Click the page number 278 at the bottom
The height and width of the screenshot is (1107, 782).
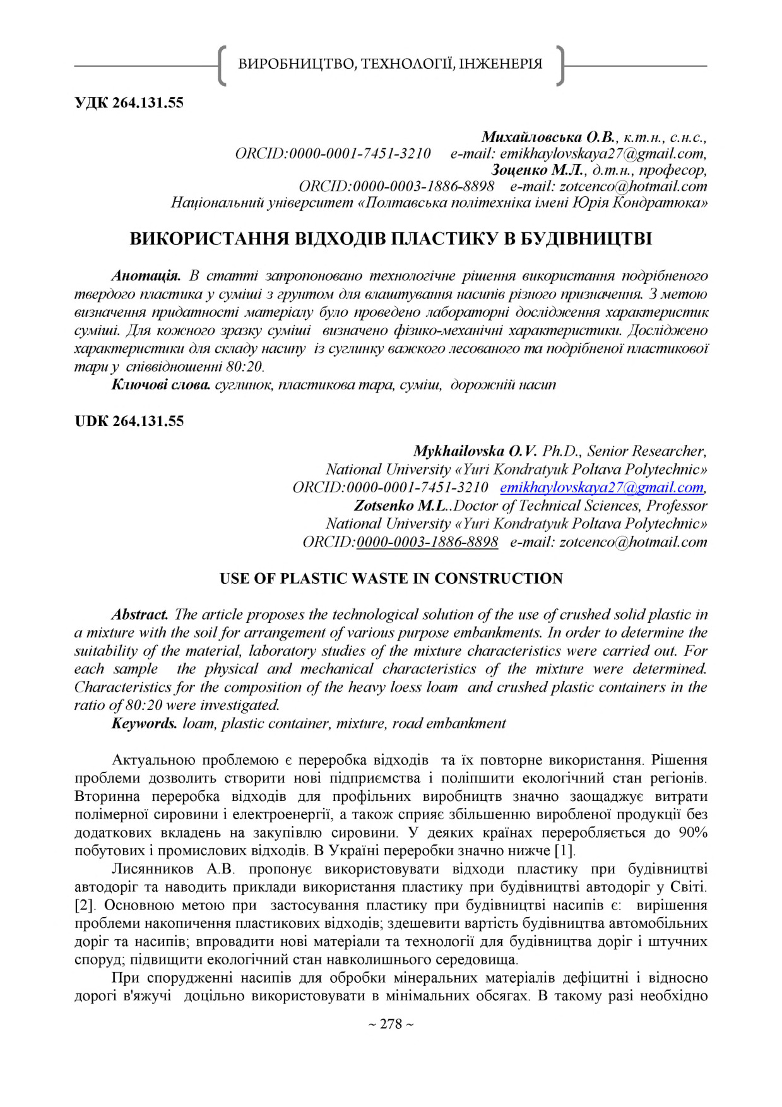click(391, 1024)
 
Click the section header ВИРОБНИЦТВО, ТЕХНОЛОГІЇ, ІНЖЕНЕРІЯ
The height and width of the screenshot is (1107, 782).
click(390, 64)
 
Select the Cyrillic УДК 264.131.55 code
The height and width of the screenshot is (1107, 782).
click(129, 103)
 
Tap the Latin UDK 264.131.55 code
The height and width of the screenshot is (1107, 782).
click(129, 422)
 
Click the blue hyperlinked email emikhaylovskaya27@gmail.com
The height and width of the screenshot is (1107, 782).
click(601, 488)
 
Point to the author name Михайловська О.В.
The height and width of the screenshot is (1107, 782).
click(548, 137)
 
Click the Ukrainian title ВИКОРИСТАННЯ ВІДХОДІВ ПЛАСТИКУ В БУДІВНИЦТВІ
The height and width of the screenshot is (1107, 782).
click(391, 239)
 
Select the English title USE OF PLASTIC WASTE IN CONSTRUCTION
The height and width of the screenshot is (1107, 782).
click(391, 579)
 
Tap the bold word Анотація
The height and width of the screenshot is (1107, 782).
click(146, 276)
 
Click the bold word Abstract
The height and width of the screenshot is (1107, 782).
click(139, 615)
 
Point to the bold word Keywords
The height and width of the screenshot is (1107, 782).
click(144, 723)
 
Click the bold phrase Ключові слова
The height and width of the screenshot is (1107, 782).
click(160, 385)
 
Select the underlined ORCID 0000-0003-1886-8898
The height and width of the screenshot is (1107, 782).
click(427, 542)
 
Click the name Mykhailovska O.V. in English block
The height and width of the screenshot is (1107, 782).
click(475, 451)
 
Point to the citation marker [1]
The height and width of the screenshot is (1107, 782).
click(564, 851)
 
